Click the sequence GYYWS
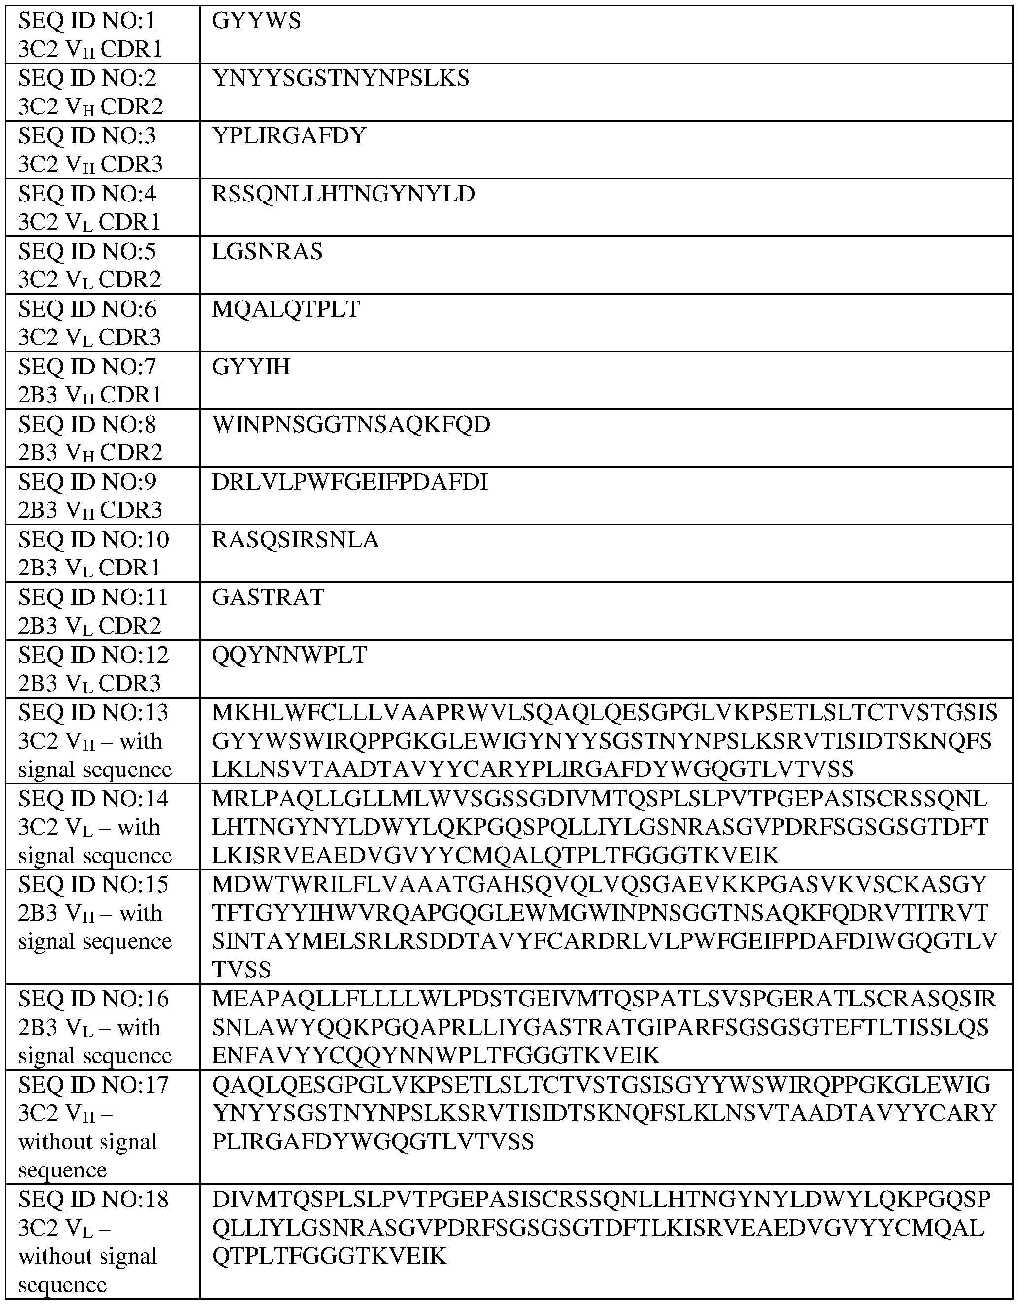(x=256, y=22)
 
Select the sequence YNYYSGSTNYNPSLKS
(x=340, y=79)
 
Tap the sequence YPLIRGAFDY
(x=289, y=136)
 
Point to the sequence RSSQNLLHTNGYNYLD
(x=343, y=194)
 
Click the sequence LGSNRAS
(x=267, y=252)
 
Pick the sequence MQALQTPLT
(x=286, y=309)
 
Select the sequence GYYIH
(x=251, y=367)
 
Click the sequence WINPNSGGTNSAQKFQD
(x=351, y=424)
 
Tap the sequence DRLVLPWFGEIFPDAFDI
(x=350, y=482)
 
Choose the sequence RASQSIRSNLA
(x=295, y=539)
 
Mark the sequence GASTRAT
(x=268, y=597)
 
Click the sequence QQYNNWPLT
(x=289, y=655)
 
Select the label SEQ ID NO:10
(x=93, y=539)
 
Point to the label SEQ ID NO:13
(x=93, y=713)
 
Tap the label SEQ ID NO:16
(x=93, y=999)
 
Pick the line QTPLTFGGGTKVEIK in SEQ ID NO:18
(x=329, y=1257)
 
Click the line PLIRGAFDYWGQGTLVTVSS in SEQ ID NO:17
(x=373, y=1142)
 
